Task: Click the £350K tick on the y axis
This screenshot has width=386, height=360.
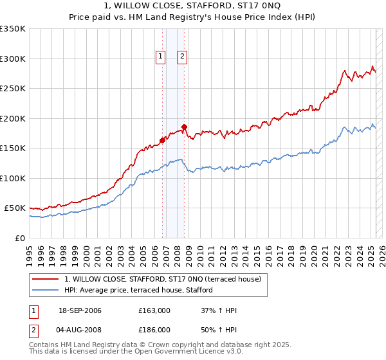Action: coord(13,29)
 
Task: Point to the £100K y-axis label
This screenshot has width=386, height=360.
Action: coord(13,178)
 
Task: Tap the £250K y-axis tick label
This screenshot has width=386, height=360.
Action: coord(13,89)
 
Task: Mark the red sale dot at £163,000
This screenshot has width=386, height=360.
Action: coord(162,141)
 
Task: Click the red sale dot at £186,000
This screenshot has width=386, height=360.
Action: coord(184,127)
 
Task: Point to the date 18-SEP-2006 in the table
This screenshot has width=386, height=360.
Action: coord(80,310)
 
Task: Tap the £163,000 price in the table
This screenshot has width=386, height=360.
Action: coord(154,310)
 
